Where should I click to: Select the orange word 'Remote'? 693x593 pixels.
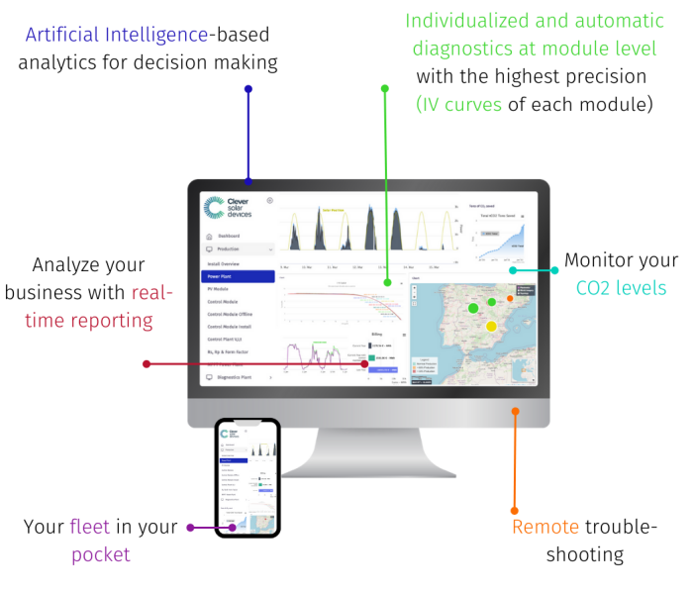pyautogui.click(x=545, y=527)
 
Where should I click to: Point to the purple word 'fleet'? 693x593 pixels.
pyautogui.click(x=90, y=527)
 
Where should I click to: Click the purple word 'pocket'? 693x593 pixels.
pyautogui.click(x=100, y=554)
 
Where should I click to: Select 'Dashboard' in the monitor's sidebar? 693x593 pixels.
pyautogui.click(x=229, y=236)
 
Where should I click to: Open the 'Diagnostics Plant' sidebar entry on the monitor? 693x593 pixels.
pyautogui.click(x=239, y=377)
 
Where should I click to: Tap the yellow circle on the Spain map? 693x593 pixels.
pyautogui.click(x=490, y=326)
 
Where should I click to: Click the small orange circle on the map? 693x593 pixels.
pyautogui.click(x=510, y=297)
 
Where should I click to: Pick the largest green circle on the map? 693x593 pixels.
pyautogui.click(x=472, y=308)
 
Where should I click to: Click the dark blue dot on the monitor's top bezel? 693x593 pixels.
pyautogui.click(x=248, y=181)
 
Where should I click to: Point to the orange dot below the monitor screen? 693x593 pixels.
pyautogui.click(x=515, y=409)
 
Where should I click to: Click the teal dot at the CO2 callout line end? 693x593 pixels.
pyautogui.click(x=512, y=269)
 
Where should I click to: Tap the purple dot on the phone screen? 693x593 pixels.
pyautogui.click(x=234, y=527)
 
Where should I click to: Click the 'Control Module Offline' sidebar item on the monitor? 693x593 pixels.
pyautogui.click(x=230, y=313)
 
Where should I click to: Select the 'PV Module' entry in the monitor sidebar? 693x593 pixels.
pyautogui.click(x=218, y=288)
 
